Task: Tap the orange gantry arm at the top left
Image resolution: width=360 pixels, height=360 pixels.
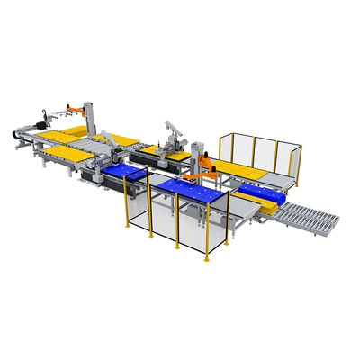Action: point(79,111)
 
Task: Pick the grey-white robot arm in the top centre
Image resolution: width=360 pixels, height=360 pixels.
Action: point(170,132)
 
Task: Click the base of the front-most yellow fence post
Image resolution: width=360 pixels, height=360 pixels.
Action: point(206,259)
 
